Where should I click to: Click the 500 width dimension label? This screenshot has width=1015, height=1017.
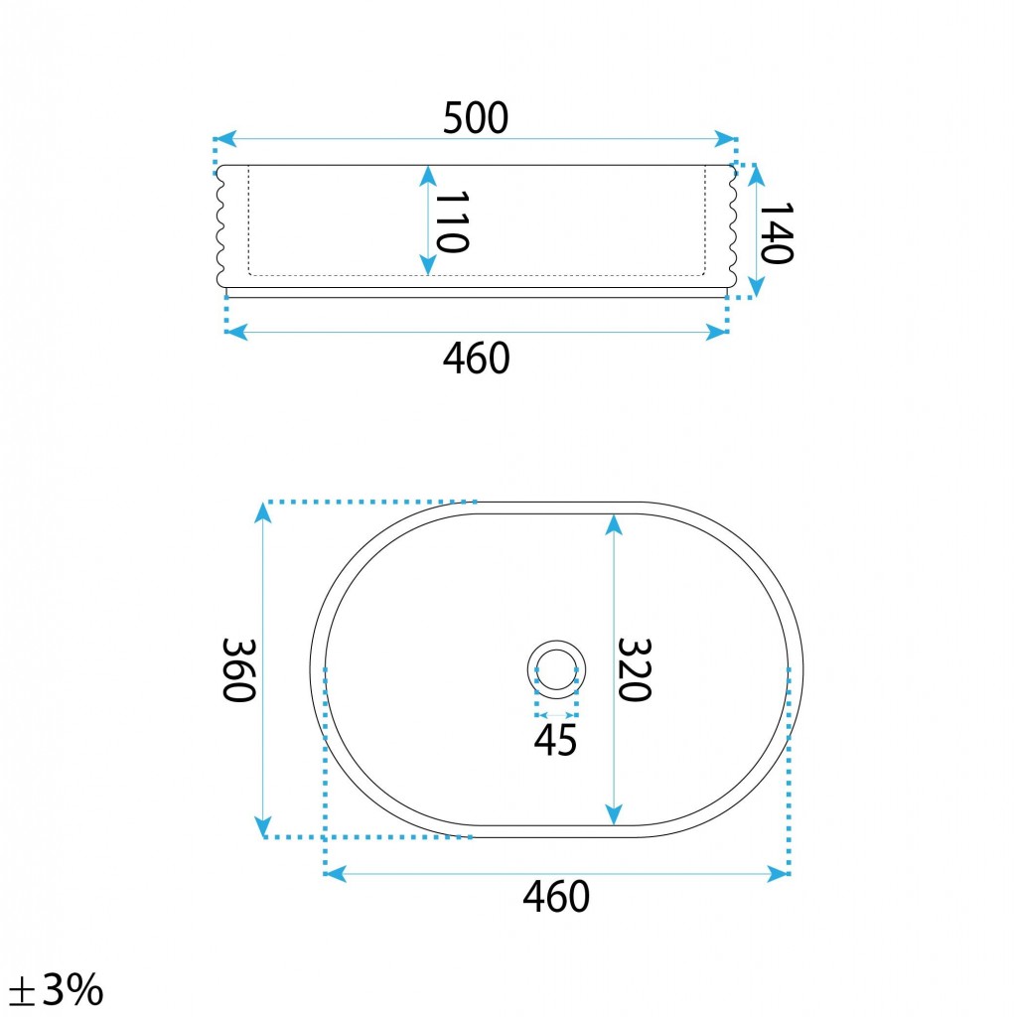pyautogui.click(x=476, y=118)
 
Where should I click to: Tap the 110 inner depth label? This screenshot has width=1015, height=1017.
pyautogui.click(x=452, y=221)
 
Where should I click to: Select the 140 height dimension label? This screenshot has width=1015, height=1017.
pyautogui.click(x=777, y=233)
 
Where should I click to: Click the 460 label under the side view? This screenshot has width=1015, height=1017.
pyautogui.click(x=476, y=358)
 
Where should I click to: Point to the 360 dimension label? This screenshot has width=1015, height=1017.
pyautogui.click(x=238, y=670)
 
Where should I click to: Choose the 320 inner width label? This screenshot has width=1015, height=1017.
pyautogui.click(x=634, y=669)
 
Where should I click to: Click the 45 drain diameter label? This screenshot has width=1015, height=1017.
pyautogui.click(x=555, y=740)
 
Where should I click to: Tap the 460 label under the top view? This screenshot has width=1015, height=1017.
pyautogui.click(x=556, y=897)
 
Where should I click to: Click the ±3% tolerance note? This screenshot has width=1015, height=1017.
pyautogui.click(x=57, y=990)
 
